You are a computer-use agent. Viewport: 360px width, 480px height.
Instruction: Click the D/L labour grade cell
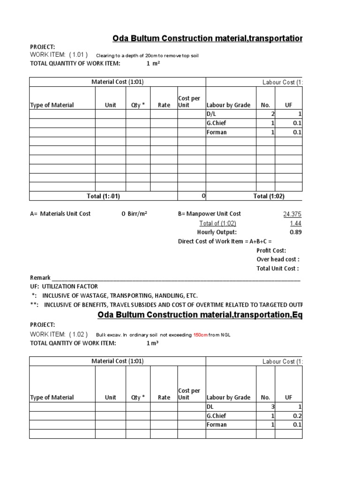tap(212, 114)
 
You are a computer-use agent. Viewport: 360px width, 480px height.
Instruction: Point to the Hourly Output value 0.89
tap(295, 232)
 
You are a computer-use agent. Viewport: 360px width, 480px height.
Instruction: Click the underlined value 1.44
tap(295, 223)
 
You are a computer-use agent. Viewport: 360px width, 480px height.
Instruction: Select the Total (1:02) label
tap(269, 196)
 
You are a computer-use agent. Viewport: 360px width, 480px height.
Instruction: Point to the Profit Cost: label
tap(271, 250)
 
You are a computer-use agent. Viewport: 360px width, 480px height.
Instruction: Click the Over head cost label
tap(278, 259)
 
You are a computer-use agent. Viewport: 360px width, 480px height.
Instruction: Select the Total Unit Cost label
tap(277, 269)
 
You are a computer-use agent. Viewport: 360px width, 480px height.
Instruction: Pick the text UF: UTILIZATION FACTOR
tap(64, 286)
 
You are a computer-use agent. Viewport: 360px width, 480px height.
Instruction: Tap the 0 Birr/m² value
tap(135, 214)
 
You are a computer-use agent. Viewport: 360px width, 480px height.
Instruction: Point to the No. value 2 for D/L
tap(273, 114)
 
